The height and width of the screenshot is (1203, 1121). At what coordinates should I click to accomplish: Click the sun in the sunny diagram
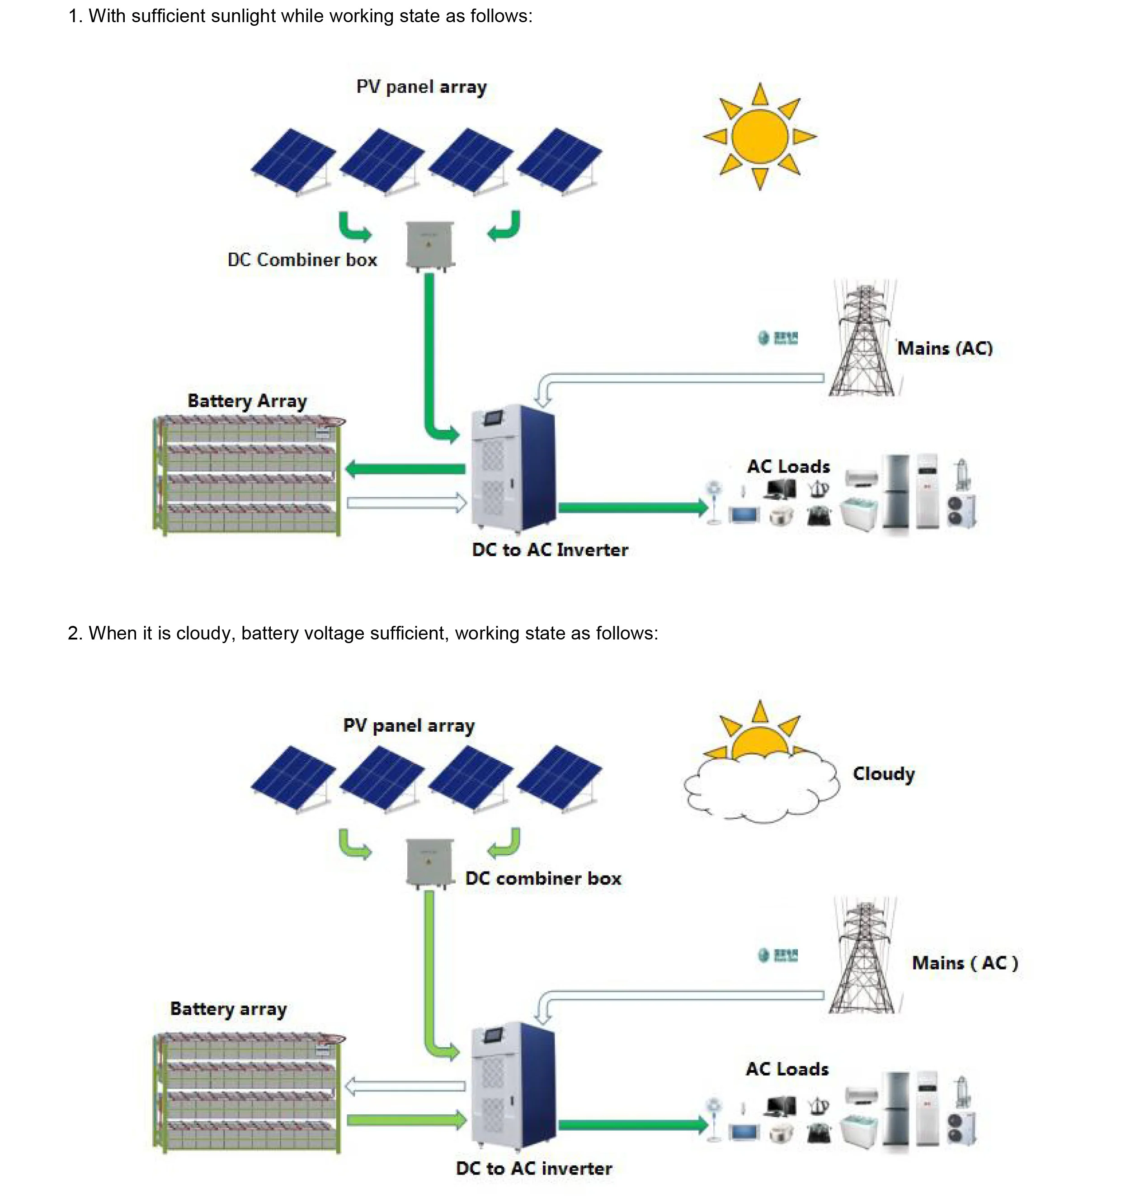(760, 137)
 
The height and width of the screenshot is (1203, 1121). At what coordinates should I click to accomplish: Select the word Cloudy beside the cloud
(883, 774)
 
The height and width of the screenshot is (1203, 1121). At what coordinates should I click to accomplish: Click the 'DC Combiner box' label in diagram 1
(302, 260)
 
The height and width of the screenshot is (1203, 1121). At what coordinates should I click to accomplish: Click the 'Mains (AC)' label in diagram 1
(944, 349)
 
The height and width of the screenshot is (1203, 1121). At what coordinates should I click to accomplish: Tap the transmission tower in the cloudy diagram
(863, 957)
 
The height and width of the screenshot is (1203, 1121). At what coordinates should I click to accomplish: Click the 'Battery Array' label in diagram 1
(247, 401)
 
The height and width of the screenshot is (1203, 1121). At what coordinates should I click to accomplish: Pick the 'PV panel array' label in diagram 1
(421, 87)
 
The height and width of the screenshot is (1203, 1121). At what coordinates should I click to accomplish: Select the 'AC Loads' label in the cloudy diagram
(787, 1069)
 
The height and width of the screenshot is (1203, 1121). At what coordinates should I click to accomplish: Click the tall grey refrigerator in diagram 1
(896, 493)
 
